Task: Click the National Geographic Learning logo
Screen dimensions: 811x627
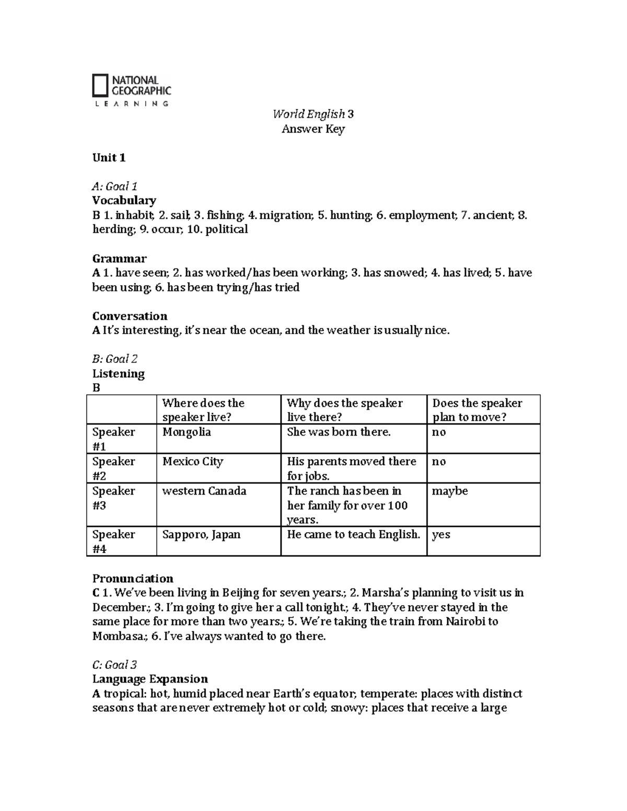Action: tap(132, 90)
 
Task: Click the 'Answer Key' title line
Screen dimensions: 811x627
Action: tap(313, 129)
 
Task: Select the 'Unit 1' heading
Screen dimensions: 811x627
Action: tap(109, 158)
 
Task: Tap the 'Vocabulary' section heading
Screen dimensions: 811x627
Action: tap(124, 201)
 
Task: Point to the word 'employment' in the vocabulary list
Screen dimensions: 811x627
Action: tap(423, 215)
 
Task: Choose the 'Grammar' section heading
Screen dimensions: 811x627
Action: tap(119, 258)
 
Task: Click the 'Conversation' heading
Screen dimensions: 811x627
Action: tap(130, 316)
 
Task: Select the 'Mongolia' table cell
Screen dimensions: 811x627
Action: tap(187, 432)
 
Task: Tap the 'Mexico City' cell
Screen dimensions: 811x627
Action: tap(192, 462)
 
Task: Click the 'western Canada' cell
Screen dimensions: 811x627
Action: tap(204, 491)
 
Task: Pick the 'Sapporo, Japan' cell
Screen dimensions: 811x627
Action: tap(201, 535)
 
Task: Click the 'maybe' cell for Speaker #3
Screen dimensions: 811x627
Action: tap(450, 491)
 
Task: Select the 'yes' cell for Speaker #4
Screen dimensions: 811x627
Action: tap(441, 535)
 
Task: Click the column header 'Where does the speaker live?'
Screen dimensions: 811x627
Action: tap(203, 410)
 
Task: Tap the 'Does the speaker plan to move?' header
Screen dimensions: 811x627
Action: tap(477, 410)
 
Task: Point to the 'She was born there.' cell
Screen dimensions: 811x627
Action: tap(339, 432)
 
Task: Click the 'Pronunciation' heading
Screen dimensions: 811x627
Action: tap(133, 578)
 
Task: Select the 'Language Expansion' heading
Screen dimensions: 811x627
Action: tap(150, 679)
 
